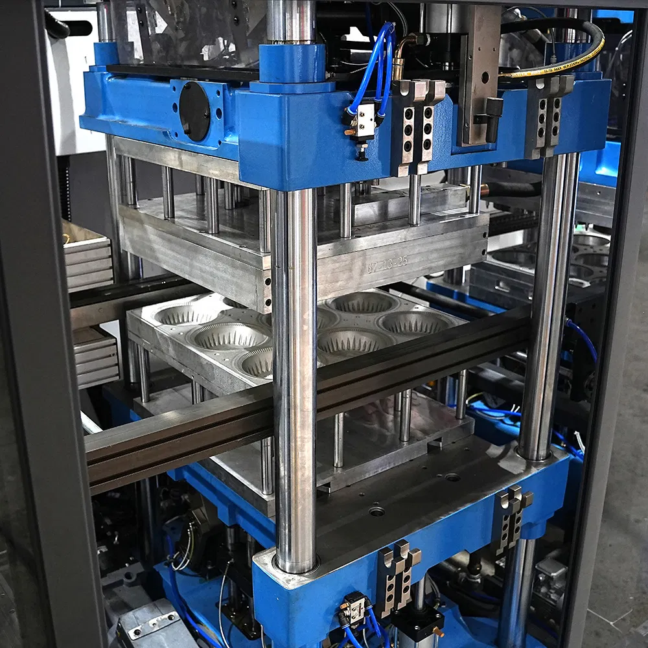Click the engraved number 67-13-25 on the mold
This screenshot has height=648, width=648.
click(388, 262)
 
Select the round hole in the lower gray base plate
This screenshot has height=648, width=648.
click(376, 511)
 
